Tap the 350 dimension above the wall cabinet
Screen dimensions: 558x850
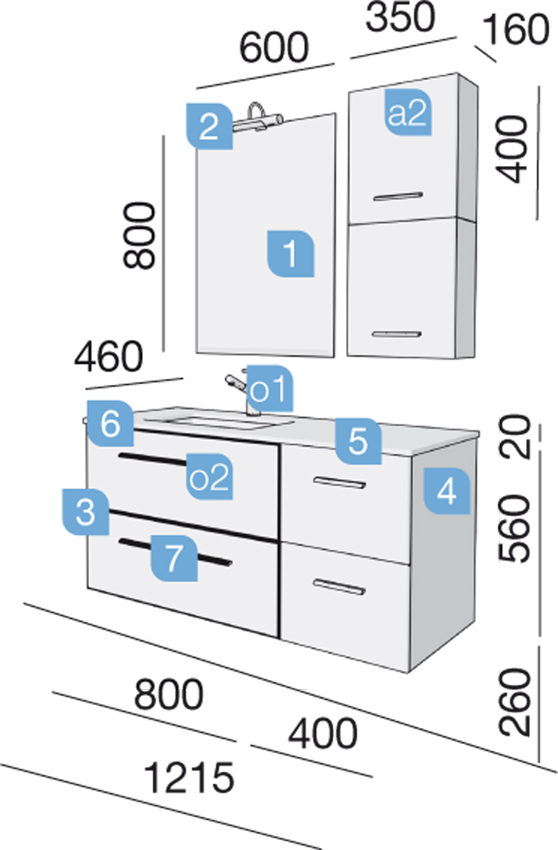(x=400, y=17)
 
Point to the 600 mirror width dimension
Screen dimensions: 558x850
(x=273, y=47)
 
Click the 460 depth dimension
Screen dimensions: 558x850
(x=109, y=356)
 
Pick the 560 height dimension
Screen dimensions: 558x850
(x=513, y=528)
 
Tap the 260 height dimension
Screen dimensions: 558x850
(x=513, y=702)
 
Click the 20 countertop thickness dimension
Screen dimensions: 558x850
(x=514, y=437)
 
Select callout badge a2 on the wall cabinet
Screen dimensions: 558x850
(x=408, y=112)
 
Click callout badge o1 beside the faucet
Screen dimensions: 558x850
(x=270, y=388)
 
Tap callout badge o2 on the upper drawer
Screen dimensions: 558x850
(x=209, y=477)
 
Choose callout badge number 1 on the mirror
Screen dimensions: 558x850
(x=290, y=254)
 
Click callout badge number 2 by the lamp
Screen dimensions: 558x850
(x=209, y=126)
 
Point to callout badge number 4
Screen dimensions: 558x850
(x=447, y=491)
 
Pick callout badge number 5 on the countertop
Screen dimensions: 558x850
(x=358, y=441)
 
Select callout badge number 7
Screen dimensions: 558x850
(x=174, y=559)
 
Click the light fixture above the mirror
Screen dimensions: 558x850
(x=258, y=118)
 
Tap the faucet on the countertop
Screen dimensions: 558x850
(x=242, y=393)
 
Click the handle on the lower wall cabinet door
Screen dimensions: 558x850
(x=397, y=334)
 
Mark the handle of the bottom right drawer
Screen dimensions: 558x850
(x=340, y=586)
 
